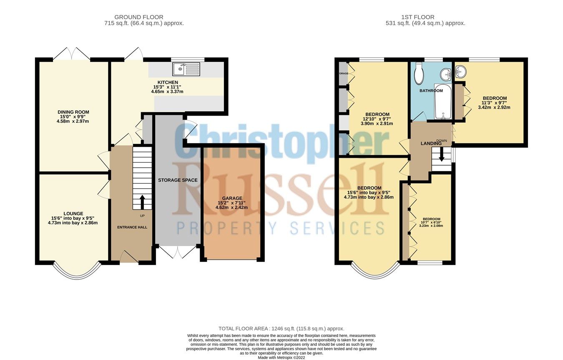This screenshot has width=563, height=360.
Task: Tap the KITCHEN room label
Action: click(x=168, y=83)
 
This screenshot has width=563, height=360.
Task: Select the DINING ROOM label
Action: click(x=73, y=112)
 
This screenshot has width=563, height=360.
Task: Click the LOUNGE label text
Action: click(x=73, y=214)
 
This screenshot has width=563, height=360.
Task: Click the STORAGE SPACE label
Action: click(x=178, y=180)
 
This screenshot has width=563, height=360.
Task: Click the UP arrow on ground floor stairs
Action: click(x=142, y=202)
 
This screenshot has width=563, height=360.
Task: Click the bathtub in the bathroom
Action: click(x=442, y=103)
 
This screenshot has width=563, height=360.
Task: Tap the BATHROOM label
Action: click(x=431, y=91)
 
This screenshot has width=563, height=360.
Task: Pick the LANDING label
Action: click(x=431, y=143)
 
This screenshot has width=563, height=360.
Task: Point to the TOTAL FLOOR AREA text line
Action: click(x=281, y=329)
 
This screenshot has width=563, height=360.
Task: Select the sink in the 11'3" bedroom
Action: click(x=461, y=72)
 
